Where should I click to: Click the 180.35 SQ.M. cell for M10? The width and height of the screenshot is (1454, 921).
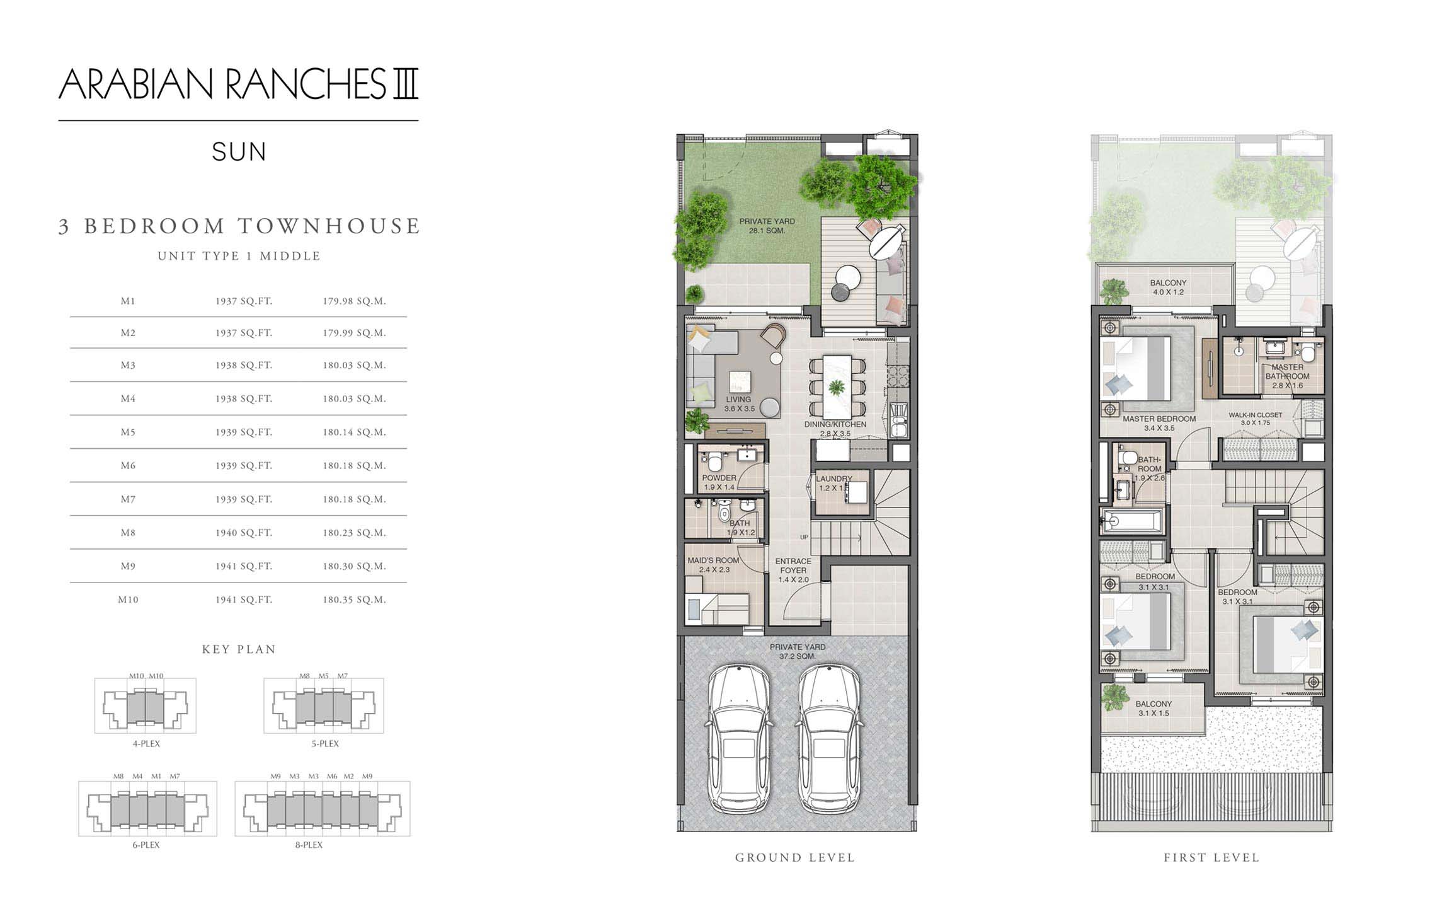(x=354, y=600)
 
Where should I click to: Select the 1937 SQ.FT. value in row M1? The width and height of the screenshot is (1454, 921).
(x=244, y=301)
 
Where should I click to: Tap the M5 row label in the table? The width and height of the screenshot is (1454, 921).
(x=128, y=432)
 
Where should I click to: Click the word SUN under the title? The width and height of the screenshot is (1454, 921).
(x=239, y=152)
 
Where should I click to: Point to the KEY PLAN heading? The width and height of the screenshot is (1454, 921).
(x=239, y=649)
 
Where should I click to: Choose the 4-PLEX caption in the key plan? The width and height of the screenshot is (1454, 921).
(x=146, y=744)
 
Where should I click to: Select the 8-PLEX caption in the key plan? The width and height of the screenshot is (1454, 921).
(x=309, y=845)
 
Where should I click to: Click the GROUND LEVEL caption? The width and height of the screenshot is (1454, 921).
(x=795, y=857)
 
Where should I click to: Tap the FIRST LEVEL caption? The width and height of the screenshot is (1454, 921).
(x=1211, y=857)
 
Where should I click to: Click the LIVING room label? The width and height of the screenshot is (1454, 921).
(x=739, y=403)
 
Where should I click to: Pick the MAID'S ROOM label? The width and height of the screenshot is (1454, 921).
(x=714, y=565)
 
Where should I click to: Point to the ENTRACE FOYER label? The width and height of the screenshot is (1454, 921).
(x=793, y=570)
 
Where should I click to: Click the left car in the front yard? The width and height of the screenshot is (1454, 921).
(x=739, y=738)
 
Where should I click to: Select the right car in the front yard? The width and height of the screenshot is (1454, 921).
(x=828, y=738)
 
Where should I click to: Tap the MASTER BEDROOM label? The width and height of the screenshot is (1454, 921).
(x=1159, y=423)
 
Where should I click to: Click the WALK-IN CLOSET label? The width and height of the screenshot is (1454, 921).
(x=1256, y=419)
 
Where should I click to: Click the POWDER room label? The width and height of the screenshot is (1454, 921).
(x=719, y=482)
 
